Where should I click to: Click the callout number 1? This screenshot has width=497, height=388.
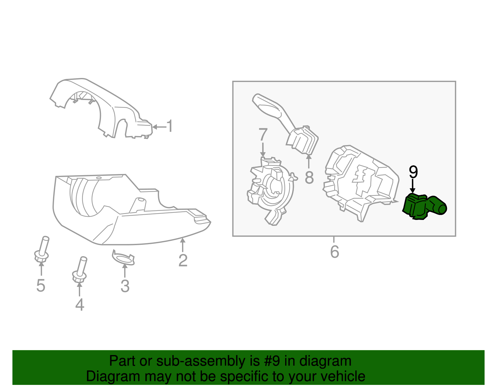point(170,126)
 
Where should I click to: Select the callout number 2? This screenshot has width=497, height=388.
point(183,260)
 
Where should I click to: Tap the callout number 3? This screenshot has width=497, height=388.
point(125,286)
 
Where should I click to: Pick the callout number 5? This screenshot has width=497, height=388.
point(41,285)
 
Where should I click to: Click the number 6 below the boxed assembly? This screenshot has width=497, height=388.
point(335,252)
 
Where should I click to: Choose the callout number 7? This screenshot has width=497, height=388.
point(263,135)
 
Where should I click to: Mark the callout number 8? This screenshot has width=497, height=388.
point(309,178)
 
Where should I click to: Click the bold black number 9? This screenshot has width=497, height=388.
point(413,172)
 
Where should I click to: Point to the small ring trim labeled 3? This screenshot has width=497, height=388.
point(124,258)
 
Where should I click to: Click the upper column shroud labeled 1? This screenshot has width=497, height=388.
point(103,106)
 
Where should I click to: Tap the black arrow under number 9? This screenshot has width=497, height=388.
point(413,186)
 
